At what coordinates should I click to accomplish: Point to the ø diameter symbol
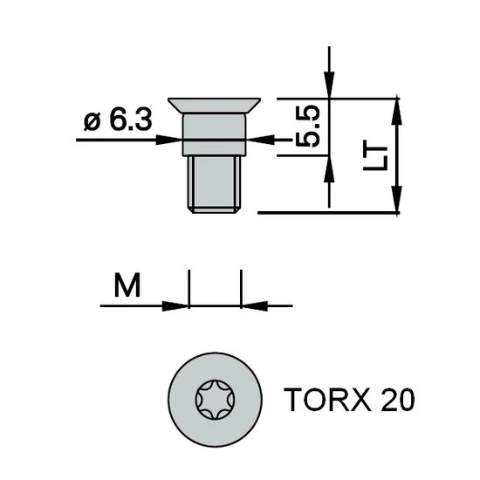(x=93, y=120)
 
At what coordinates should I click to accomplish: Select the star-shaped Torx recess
(x=215, y=397)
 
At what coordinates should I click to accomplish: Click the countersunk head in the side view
(x=215, y=106)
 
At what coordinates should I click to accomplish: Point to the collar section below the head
(x=215, y=135)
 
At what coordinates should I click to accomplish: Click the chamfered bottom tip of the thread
(x=215, y=209)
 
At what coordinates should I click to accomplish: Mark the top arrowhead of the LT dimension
(x=398, y=106)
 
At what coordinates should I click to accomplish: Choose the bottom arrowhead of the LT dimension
(x=398, y=202)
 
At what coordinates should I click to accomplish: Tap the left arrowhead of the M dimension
(x=180, y=305)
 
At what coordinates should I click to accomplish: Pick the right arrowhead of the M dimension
(x=250, y=305)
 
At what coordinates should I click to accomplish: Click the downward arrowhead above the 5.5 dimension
(x=328, y=89)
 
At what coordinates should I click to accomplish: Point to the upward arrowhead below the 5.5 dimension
(x=328, y=164)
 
